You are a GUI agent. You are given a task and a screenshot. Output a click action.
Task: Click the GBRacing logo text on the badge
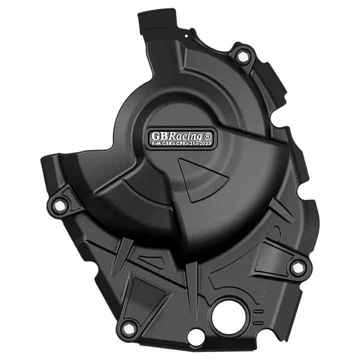tap(176, 136)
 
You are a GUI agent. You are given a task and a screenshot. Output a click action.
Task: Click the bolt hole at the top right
tap(243, 56)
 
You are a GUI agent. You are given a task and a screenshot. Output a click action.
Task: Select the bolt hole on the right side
tap(298, 267)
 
